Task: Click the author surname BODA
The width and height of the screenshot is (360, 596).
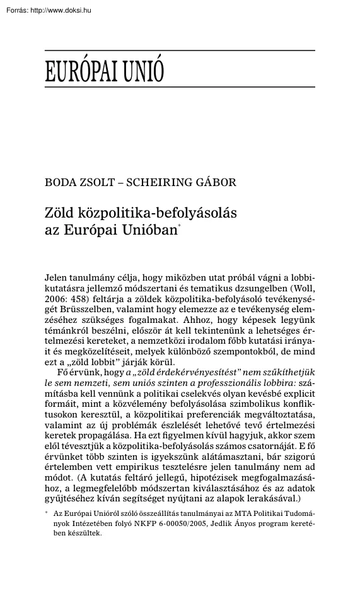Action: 60,183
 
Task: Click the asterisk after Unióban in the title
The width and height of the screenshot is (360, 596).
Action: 180,227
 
